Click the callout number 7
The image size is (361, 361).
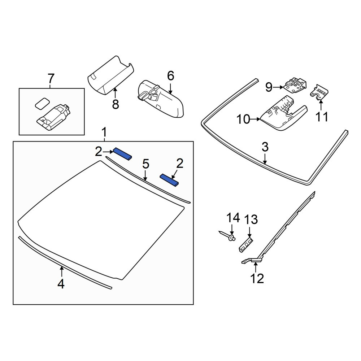coord(51,78)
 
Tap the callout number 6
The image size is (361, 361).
coord(171,76)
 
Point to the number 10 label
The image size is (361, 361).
coord(243,119)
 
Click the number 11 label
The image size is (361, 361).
coord(322,117)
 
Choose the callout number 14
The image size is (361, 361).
coord(233,218)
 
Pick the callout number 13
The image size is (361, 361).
coord(251,219)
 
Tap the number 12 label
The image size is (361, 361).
coord(257,279)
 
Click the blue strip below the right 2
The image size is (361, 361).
coord(169,180)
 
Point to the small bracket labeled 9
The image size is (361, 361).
coord(295,85)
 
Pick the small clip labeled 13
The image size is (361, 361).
coord(246,245)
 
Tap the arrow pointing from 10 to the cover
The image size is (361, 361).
coord(255,119)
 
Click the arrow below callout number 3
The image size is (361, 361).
coord(265,159)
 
